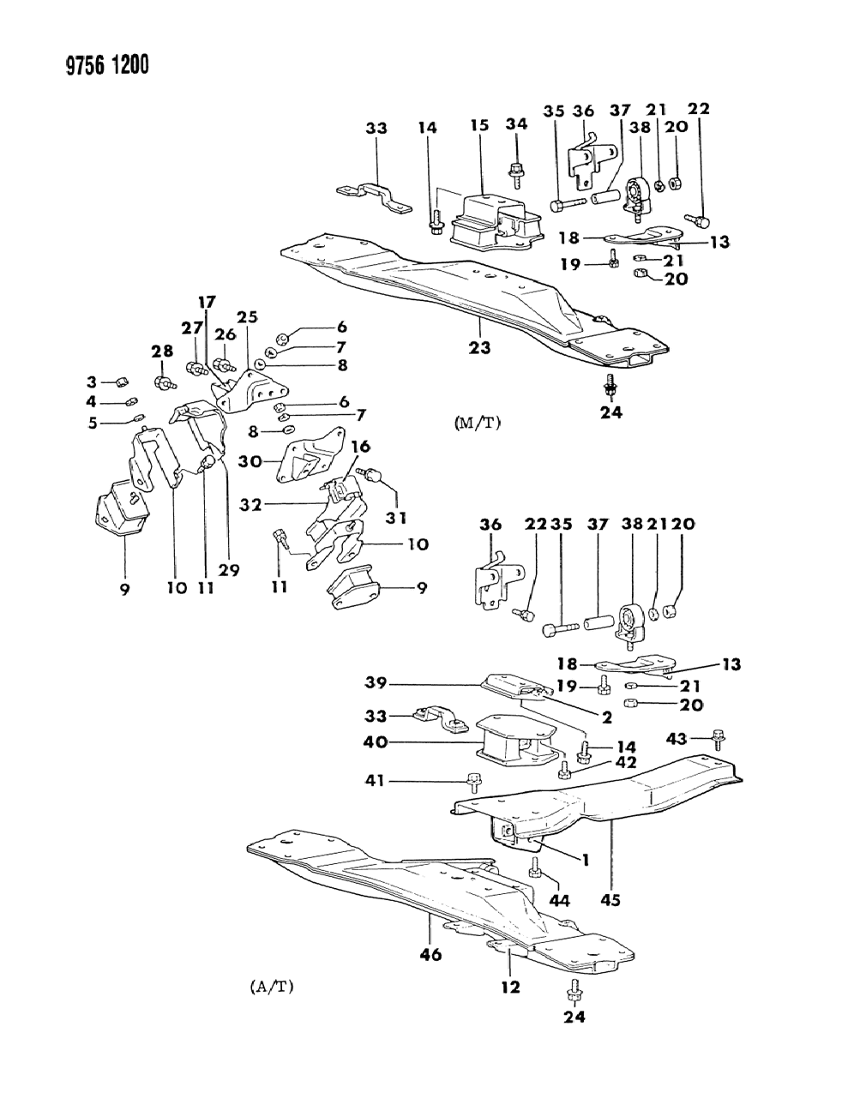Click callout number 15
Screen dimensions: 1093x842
(x=478, y=126)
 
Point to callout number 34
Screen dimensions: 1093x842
(x=515, y=126)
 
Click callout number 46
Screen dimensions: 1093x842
(x=431, y=953)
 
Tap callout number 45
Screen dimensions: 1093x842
(x=610, y=900)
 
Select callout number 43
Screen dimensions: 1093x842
(x=677, y=738)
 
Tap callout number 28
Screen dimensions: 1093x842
(x=162, y=351)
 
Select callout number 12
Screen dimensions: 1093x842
(x=510, y=988)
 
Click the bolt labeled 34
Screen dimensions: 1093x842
(x=517, y=174)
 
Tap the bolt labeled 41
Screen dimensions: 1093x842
(x=472, y=781)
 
